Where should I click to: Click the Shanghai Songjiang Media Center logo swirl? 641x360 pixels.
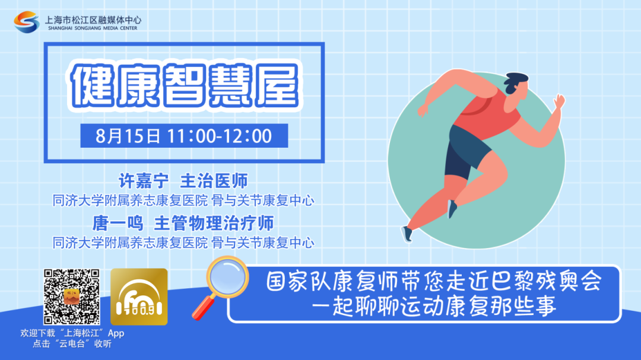pos(27,22)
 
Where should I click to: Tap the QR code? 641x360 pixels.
pos(72,297)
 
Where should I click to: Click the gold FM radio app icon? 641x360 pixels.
pos(139,297)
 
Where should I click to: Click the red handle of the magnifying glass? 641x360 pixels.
pos(203,308)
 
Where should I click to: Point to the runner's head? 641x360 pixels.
pos(516,85)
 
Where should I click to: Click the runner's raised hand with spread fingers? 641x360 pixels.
pos(559,101)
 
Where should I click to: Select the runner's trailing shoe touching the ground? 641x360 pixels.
pos(407,234)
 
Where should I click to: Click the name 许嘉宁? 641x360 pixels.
pos(144,181)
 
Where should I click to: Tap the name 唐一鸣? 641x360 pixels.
pos(118,223)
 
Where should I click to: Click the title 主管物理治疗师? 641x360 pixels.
pos(214,223)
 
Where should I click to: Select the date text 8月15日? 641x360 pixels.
pos(128,136)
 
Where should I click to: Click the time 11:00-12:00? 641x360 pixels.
pos(220,136)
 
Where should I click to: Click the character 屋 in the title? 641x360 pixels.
pos(277,85)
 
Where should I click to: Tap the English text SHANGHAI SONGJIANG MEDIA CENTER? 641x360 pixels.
pos(93,28)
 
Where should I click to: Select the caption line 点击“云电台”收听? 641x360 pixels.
pos(72,343)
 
